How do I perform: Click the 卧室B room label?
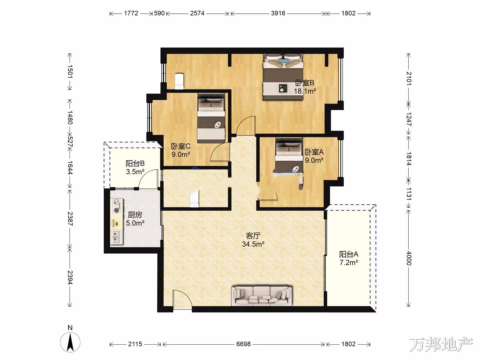click(x=304, y=83)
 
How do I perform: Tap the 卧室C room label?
click(x=180, y=146)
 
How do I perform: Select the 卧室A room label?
click(x=314, y=152)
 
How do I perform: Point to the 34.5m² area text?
click(x=253, y=244)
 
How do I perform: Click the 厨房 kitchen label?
click(x=135, y=215)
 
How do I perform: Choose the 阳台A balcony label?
click(x=349, y=254)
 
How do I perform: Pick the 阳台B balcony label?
click(x=135, y=163)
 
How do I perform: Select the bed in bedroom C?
click(x=211, y=118)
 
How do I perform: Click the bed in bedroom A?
click(x=289, y=156)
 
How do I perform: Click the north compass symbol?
click(x=70, y=342)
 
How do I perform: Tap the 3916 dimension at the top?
click(x=278, y=13)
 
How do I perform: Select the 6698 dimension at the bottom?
click(x=243, y=344)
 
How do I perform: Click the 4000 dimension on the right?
click(x=409, y=258)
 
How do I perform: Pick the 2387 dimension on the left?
click(x=70, y=219)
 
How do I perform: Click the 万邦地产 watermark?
click(x=441, y=344)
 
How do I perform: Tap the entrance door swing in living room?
click(x=182, y=299)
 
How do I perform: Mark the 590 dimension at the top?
click(x=159, y=13)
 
